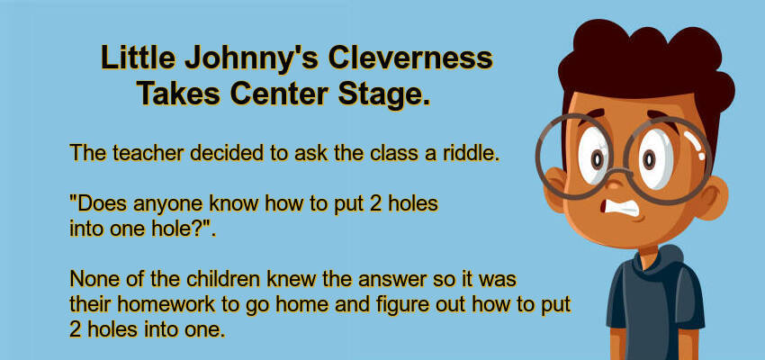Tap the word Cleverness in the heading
410,58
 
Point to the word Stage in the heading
384,94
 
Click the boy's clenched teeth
617,207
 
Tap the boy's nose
616,183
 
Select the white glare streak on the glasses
695,144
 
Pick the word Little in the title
138,58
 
